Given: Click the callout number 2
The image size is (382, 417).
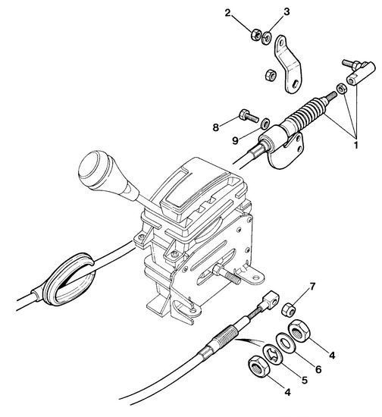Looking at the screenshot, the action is tap(228, 13).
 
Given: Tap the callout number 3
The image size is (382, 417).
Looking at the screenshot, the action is tap(286, 11).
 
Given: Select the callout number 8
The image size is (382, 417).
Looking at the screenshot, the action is tap(215, 127).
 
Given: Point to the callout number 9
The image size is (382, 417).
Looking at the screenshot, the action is tap(235, 140).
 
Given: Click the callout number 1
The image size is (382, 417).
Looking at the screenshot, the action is tap(355, 145).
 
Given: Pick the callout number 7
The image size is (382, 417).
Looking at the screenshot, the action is tap(312, 287).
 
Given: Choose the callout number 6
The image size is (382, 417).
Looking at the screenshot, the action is tap(318, 369).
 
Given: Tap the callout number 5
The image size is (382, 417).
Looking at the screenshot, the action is tap(304, 381).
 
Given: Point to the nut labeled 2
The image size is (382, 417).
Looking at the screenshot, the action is tap(256, 34).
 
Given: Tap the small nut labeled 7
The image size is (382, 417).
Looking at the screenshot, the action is tap(289, 309).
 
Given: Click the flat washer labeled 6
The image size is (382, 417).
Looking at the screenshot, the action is tap(285, 343).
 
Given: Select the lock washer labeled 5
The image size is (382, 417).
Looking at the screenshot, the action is tap(273, 355).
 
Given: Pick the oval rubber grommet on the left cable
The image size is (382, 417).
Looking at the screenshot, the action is tap(68, 280).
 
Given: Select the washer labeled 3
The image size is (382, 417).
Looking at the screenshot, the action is tap(266, 38).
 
